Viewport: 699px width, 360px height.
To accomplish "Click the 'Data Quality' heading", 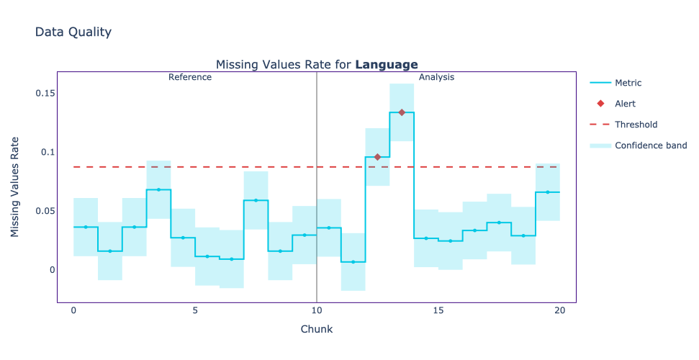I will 73,32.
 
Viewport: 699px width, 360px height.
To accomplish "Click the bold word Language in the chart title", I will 387,65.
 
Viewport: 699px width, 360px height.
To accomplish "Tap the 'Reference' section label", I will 190,77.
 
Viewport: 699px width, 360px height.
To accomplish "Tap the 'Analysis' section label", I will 436,77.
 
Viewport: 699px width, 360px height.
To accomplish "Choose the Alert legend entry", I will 625,104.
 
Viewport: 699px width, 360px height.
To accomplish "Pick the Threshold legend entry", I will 636,125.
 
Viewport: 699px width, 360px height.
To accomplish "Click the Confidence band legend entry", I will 650,145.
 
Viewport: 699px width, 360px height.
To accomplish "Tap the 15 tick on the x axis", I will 438,310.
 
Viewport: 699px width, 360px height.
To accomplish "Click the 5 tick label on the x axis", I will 195,310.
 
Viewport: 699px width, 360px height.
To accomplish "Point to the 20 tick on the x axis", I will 560,310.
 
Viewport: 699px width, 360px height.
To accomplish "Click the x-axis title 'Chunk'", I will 316,329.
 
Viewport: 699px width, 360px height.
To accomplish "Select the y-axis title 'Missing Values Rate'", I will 15,187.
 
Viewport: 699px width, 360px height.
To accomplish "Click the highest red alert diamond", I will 402,112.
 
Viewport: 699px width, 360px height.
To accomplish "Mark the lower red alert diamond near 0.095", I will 377,157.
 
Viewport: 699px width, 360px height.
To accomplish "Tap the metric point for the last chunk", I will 548,192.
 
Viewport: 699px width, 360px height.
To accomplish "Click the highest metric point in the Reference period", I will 158,189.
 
